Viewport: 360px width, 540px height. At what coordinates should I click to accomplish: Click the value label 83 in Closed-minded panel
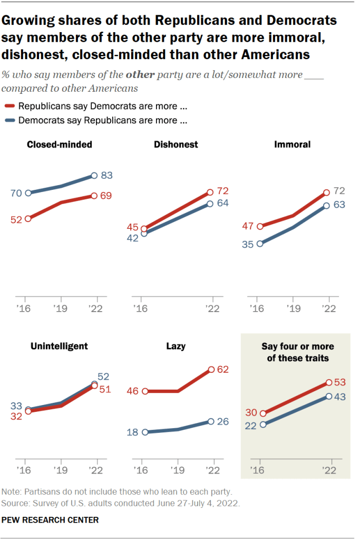108,176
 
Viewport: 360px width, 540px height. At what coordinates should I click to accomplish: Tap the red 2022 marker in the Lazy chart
211,370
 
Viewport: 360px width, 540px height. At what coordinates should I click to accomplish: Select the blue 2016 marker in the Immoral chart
260,244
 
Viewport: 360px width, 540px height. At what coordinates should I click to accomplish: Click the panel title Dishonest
176,144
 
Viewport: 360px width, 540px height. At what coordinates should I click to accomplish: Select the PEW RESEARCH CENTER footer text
51,520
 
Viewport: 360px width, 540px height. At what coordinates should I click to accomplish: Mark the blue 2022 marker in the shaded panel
329,396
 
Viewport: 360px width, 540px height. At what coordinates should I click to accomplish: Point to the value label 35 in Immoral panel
248,244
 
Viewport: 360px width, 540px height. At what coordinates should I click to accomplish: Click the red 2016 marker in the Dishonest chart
144,229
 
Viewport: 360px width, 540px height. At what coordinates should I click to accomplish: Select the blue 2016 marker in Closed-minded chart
28,193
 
